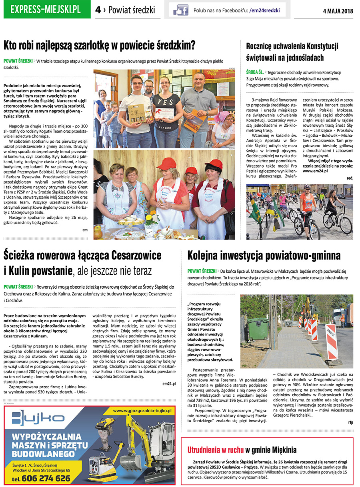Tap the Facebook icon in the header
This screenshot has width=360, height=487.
pyautogui.click(x=181, y=10)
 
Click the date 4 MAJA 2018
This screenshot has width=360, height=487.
pyautogui.click(x=338, y=11)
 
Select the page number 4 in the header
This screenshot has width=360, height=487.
pyautogui.click(x=98, y=10)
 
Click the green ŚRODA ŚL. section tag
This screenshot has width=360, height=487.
pyautogui.click(x=255, y=72)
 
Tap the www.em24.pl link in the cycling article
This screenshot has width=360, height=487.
pyautogui.click(x=315, y=171)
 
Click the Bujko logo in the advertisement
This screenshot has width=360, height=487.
pyautogui.click(x=38, y=418)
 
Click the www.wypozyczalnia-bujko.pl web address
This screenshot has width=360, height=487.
pyautogui.click(x=142, y=410)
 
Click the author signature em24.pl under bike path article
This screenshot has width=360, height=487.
pyautogui.click(x=169, y=383)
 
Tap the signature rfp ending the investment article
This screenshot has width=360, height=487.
pyautogui.click(x=350, y=422)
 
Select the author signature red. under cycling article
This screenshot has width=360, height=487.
pyautogui.click(x=350, y=178)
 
